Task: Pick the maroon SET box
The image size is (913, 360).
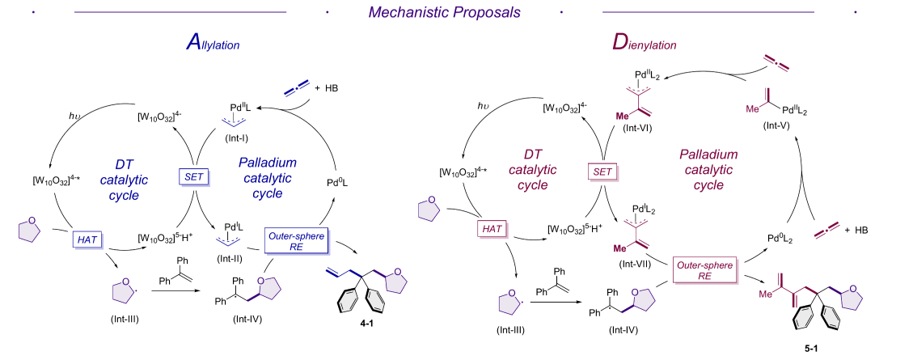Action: click(x=601, y=172)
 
